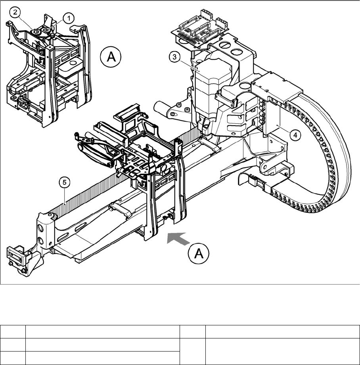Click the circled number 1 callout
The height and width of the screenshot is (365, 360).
click(68, 18)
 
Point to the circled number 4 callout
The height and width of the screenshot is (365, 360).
click(294, 134)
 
